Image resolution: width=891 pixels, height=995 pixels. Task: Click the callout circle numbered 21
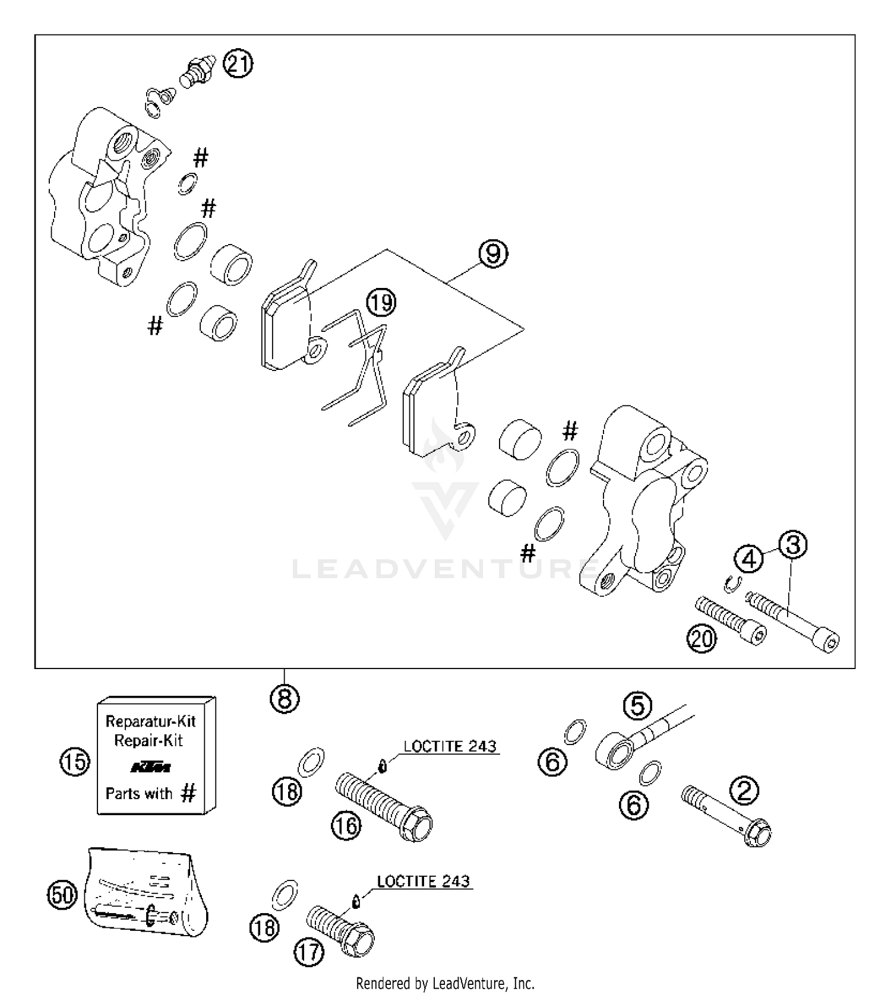[x=238, y=64]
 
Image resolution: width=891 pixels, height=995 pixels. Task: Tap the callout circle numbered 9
[x=494, y=253]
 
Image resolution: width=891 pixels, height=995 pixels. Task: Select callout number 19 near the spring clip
[x=381, y=303]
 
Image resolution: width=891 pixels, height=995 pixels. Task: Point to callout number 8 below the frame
[x=285, y=699]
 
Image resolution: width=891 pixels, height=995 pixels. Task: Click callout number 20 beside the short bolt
[x=702, y=639]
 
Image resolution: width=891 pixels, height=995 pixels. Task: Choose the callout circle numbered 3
[x=793, y=545]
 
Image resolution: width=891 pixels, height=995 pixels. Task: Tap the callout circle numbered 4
[x=749, y=559]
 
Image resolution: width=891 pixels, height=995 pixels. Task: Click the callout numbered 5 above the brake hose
[x=637, y=706]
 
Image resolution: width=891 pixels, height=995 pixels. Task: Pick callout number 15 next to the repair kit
[x=75, y=762]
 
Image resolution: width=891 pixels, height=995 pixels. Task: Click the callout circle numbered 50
[x=62, y=894]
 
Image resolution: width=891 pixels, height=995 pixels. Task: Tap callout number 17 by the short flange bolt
[x=309, y=953]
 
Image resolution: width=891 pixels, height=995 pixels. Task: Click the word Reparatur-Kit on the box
[x=150, y=721]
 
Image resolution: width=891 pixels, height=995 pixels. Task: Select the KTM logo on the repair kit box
[x=150, y=768]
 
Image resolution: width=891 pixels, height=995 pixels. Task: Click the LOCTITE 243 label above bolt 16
[x=450, y=746]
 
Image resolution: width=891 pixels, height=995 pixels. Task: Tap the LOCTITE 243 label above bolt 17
[x=424, y=881]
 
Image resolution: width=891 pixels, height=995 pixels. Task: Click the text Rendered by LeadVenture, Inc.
[x=445, y=983]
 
